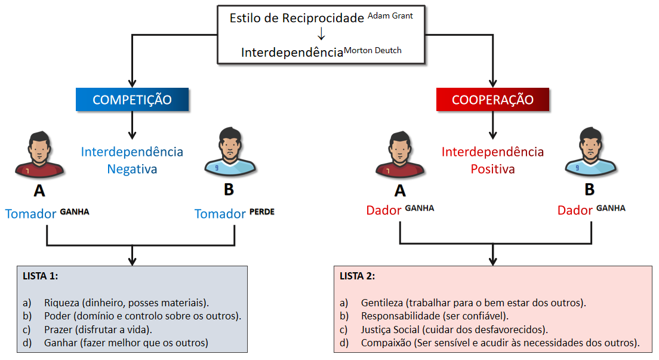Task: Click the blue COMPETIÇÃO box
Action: tap(132, 100)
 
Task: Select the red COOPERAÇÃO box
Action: tap(492, 100)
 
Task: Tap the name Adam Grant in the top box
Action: tap(390, 16)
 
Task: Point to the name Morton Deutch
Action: tap(373, 50)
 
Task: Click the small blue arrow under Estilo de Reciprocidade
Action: tap(321, 35)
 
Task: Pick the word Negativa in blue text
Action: tap(132, 169)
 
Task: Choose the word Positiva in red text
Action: tap(492, 169)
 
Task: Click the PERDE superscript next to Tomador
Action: tap(262, 212)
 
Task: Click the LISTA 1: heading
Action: tap(41, 276)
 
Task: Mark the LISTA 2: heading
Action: tap(358, 276)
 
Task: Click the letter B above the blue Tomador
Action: tap(229, 190)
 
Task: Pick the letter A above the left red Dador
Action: tap(400, 190)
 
